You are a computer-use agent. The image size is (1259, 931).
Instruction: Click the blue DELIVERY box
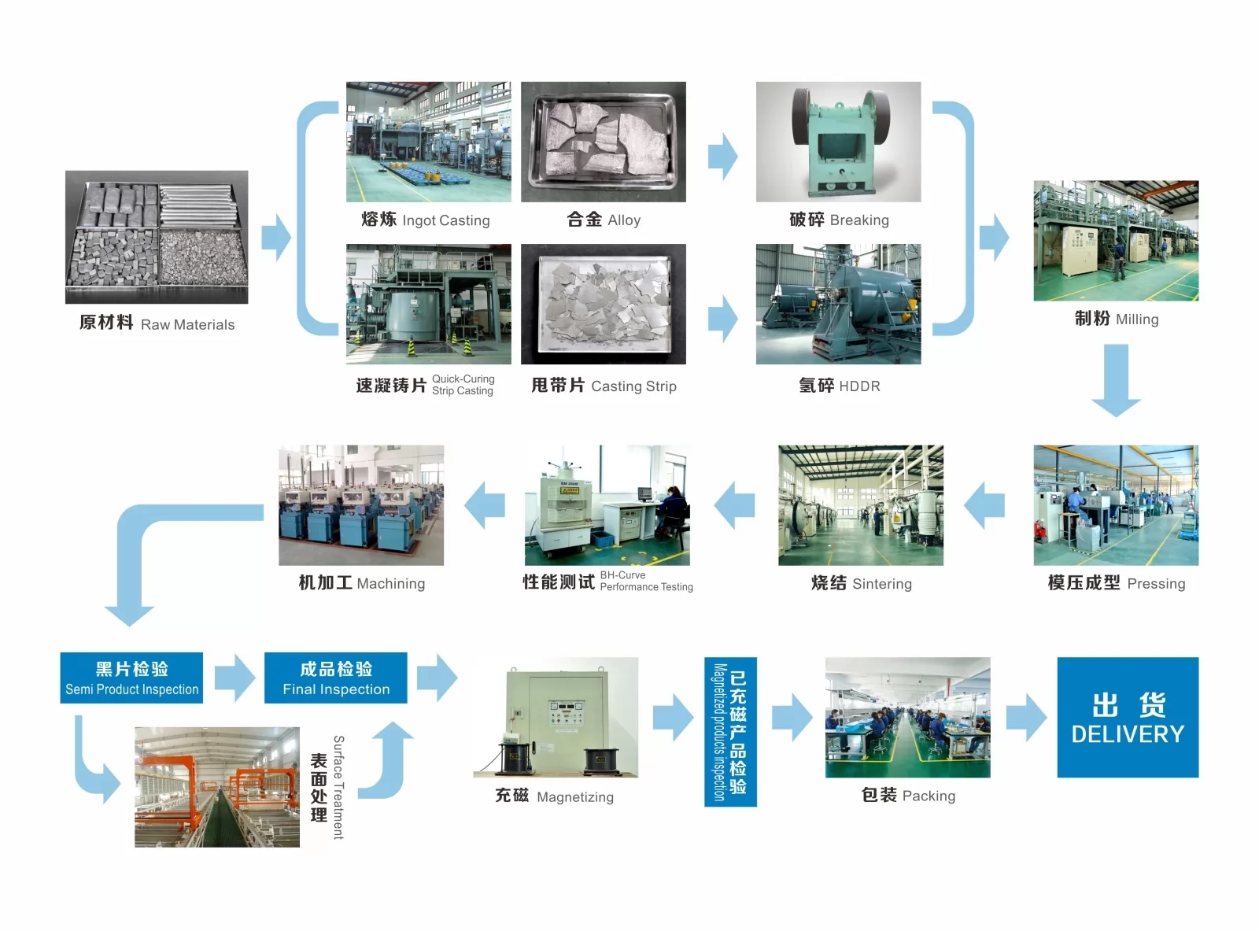pyautogui.click(x=1127, y=717)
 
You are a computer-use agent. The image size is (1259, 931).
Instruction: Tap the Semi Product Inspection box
pyautogui.click(x=131, y=678)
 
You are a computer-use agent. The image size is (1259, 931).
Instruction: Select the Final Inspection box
pyautogui.click(x=336, y=678)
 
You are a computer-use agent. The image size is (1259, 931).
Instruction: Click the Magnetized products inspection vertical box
pyautogui.click(x=729, y=732)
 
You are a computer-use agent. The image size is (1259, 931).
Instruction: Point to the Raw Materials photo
pyautogui.click(x=157, y=237)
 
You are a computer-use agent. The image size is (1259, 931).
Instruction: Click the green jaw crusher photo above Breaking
pyautogui.click(x=838, y=142)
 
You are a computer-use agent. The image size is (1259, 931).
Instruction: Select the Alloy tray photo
pyautogui.click(x=604, y=142)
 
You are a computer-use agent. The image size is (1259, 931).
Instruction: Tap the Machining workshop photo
pyautogui.click(x=361, y=505)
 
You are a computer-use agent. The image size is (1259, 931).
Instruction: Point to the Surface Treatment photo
pyautogui.click(x=217, y=787)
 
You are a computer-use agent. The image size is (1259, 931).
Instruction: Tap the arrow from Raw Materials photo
pyautogui.click(x=275, y=237)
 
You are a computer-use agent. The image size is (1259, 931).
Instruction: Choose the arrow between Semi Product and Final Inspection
pyautogui.click(x=234, y=678)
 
